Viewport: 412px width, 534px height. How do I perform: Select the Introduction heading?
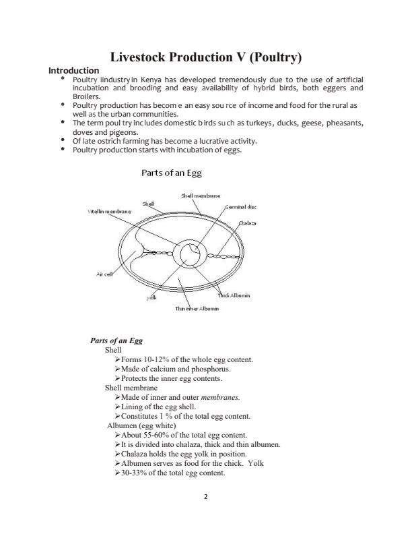(x=74, y=70)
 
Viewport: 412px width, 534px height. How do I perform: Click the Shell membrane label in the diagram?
(x=201, y=196)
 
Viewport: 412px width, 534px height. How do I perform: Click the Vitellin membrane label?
(x=109, y=211)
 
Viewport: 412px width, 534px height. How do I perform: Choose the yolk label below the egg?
(x=152, y=297)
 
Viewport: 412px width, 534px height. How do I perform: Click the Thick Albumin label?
(x=234, y=296)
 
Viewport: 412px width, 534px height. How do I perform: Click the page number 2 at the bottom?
(x=205, y=497)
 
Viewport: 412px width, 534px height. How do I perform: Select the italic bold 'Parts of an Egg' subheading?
(x=116, y=340)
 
